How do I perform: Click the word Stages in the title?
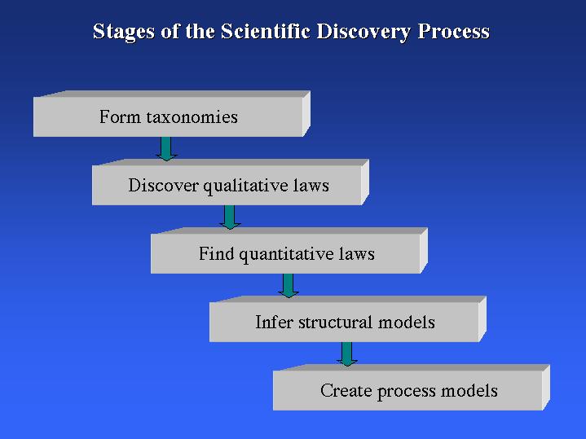[123, 32]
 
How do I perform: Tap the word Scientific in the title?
[265, 31]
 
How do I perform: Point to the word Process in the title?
[454, 32]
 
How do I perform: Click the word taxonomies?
[192, 117]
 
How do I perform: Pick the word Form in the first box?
[121, 116]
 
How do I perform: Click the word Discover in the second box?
[163, 185]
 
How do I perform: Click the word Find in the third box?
[216, 253]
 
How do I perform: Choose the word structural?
[335, 322]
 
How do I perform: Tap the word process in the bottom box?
[406, 392]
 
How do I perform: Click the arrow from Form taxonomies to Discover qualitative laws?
[166, 149]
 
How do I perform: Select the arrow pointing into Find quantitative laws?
[230, 217]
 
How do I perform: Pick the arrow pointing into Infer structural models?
[289, 285]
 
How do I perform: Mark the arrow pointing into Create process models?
[347, 353]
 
